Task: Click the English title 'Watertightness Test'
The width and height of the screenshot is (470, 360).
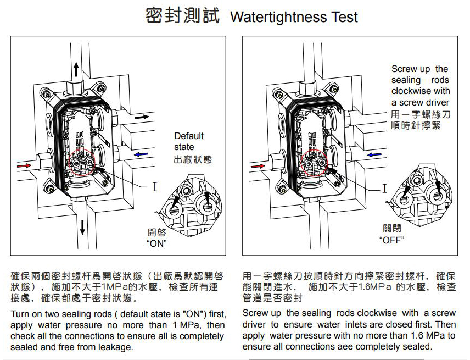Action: tap(294, 17)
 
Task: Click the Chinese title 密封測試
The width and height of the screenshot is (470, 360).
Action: tap(182, 16)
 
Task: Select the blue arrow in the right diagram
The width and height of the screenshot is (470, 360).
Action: tap(374, 154)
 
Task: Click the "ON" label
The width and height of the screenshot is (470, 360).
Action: tap(157, 243)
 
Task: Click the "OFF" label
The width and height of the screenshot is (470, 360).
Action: tap(391, 240)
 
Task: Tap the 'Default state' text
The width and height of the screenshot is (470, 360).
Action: tap(188, 141)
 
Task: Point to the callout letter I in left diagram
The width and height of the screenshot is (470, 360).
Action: tap(155, 187)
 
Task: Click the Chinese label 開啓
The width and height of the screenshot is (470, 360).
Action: tap(156, 232)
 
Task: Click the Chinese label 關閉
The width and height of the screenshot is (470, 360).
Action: tap(391, 228)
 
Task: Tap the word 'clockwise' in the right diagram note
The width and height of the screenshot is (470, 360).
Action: tap(412, 91)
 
